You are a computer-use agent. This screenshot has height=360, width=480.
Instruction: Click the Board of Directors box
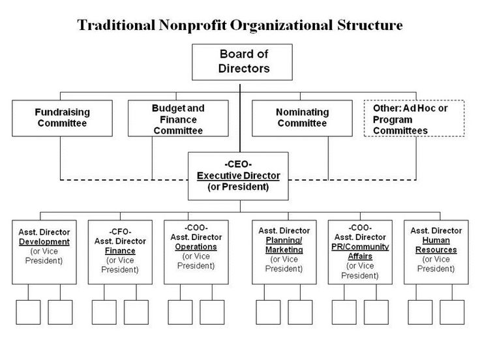[242, 62]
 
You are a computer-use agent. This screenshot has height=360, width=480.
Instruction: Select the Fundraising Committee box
[62, 118]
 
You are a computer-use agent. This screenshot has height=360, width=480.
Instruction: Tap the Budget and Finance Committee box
[178, 118]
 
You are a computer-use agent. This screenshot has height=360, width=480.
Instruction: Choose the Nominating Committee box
[302, 118]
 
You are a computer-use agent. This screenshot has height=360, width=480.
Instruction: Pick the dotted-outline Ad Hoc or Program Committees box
[414, 118]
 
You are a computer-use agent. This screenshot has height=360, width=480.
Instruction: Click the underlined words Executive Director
[238, 175]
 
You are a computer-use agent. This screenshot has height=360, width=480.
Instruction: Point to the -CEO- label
[238, 164]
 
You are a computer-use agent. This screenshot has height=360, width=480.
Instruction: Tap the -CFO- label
[120, 232]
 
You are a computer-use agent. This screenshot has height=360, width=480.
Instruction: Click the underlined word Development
[44, 241]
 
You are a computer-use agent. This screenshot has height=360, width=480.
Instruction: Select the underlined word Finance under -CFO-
[120, 250]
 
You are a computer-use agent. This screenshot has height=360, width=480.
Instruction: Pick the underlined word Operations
[196, 247]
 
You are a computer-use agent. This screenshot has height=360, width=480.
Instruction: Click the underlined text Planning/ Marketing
[284, 245]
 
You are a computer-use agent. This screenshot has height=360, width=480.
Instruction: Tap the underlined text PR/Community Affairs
[360, 251]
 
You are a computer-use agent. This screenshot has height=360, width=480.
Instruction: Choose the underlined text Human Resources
[436, 245]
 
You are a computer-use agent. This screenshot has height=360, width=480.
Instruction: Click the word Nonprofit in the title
[192, 25]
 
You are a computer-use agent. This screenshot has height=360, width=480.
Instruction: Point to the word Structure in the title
[370, 25]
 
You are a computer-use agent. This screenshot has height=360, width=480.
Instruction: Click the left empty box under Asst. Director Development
[28, 312]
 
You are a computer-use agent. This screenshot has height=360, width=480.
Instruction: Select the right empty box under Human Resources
[452, 312]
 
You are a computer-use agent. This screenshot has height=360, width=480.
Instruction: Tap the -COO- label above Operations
[196, 228]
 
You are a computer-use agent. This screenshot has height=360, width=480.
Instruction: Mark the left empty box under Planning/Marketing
[268, 312]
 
